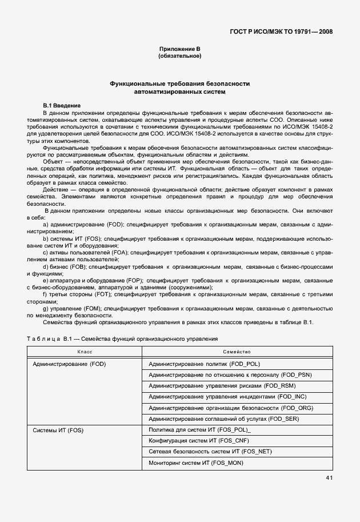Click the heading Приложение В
[179, 50]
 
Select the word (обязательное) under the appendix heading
[179, 57]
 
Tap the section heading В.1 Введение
[62, 106]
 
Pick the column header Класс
[85, 352]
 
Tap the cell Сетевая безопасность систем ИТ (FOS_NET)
[210, 452]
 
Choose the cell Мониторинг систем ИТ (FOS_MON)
[196, 463]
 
